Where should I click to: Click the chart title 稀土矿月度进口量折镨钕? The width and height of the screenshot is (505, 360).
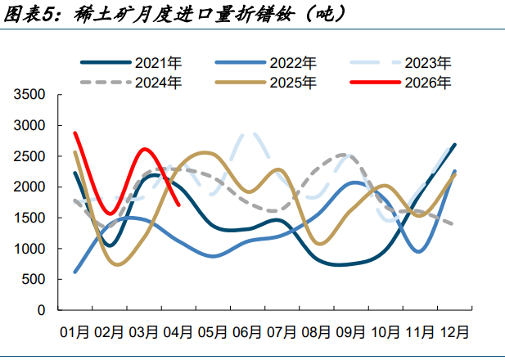coord(184,14)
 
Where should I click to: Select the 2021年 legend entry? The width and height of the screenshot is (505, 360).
coord(131,63)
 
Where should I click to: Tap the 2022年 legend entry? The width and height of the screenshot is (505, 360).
coord(266,63)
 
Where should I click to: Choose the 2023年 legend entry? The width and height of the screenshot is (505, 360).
coord(401,63)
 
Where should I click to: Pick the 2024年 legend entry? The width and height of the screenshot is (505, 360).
coord(131,83)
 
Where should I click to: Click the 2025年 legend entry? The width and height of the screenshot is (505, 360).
coord(266,83)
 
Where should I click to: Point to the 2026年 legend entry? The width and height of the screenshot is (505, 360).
coord(401,83)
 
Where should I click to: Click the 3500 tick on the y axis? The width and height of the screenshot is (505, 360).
coord(29,95)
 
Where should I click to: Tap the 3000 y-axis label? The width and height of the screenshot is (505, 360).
coord(29,125)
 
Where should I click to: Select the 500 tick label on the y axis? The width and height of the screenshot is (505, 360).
coord(34,279)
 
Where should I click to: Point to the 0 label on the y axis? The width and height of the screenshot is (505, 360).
coord(41,310)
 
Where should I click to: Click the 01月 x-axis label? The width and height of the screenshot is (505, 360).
coord(74,332)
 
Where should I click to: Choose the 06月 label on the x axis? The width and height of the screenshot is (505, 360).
coord(247,332)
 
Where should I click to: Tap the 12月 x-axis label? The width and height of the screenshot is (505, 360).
coord(454,332)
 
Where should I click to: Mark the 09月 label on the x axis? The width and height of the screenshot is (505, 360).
coord(351,332)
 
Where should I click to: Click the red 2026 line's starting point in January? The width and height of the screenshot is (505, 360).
coord(75,133)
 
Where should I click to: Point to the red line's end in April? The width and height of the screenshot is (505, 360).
coord(178,205)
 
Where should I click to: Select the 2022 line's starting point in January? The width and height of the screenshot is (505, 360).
coord(75,272)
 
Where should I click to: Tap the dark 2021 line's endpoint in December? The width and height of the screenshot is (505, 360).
coord(455,145)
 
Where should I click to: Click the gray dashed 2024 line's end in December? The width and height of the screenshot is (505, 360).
coord(453,224)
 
